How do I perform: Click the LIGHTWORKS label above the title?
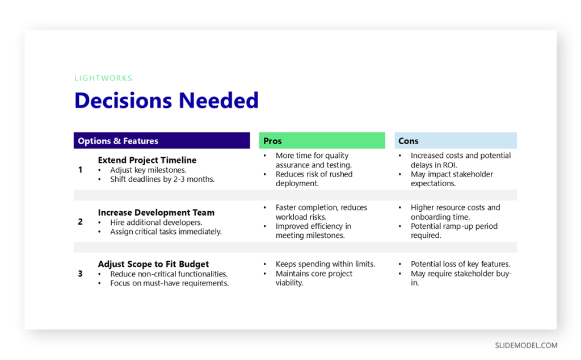point(103,78)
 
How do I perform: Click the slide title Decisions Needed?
point(166,101)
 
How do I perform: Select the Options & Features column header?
point(118,141)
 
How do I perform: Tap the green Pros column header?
point(272,141)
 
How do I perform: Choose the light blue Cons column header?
point(408,141)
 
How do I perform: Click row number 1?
point(80,170)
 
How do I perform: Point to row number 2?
point(80,222)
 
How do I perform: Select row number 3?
point(80,274)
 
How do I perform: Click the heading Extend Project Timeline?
point(147,160)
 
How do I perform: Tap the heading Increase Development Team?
point(156,212)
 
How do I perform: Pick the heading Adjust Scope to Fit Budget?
point(153,264)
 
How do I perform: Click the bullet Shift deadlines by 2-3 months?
point(162,179)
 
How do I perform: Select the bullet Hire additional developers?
point(156,222)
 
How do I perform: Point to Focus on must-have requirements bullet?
point(169,283)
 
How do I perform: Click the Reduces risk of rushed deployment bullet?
point(314,179)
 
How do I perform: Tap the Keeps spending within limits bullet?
point(325,264)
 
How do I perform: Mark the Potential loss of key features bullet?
point(460,264)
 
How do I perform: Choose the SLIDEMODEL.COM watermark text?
point(526,345)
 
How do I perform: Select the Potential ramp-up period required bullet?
point(454,231)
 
